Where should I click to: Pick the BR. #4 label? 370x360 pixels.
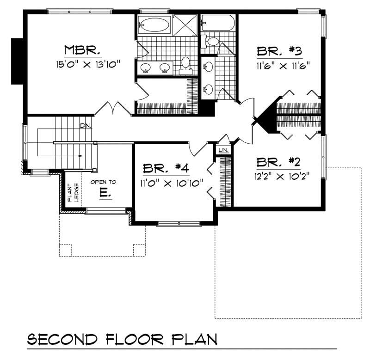click(165, 168)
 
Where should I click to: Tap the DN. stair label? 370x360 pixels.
click(86, 126)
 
